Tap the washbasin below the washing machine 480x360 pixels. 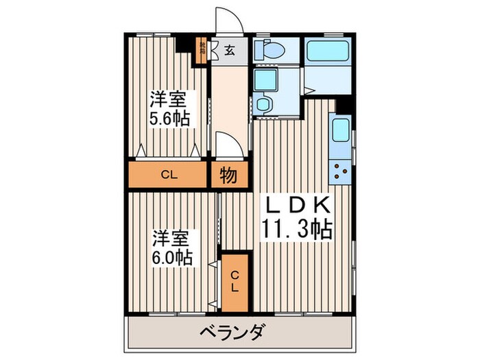[263, 104]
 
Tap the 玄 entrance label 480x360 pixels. [228, 50]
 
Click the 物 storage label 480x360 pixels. [228, 176]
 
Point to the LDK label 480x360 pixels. [299, 204]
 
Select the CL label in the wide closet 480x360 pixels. [169, 175]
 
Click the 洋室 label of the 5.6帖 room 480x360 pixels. [168, 98]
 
